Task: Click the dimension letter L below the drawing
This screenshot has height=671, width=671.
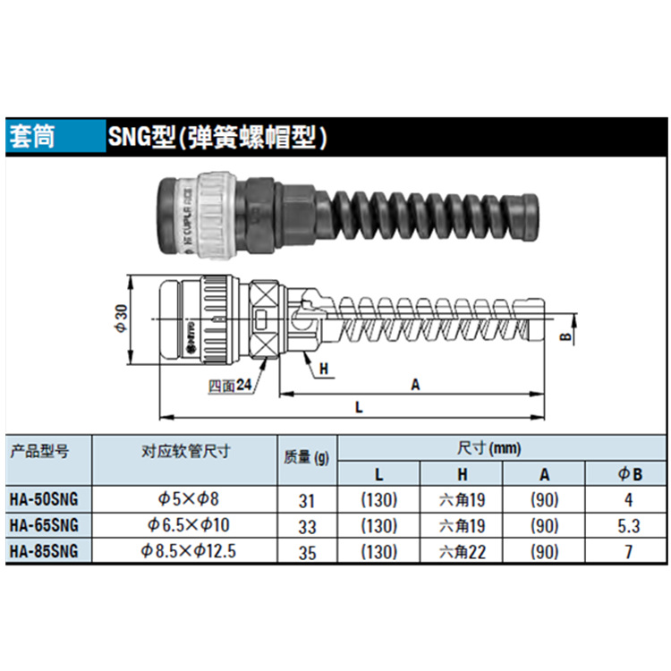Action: click(x=357, y=407)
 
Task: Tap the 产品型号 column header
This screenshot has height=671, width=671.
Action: click(x=39, y=452)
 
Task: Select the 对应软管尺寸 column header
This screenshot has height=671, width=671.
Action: click(x=186, y=452)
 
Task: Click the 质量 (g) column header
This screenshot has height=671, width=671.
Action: click(x=306, y=458)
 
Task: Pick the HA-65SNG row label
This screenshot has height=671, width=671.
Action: click(x=43, y=525)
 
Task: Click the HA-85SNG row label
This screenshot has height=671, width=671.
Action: click(x=43, y=551)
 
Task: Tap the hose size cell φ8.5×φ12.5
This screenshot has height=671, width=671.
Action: click(x=187, y=551)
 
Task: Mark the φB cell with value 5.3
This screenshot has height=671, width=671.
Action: click(x=628, y=526)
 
